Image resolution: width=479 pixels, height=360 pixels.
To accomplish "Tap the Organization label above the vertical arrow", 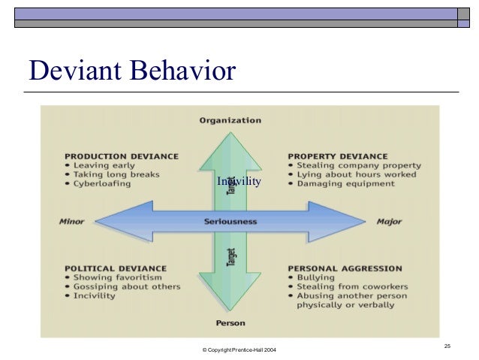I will tap(230, 120).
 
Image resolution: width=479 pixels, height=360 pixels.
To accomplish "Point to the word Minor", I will tap(71, 222).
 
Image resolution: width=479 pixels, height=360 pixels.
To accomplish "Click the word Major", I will tap(389, 222).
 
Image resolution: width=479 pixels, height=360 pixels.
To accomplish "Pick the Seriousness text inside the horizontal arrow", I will tap(230, 222).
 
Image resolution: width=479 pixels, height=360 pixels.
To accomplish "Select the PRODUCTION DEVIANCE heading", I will tap(122, 156).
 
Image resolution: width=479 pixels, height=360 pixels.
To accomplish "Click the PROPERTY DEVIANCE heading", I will tap(338, 156).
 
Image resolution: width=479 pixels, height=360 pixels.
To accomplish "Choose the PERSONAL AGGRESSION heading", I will tap(345, 268).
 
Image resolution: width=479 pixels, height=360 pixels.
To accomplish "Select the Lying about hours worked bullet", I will tap(353, 174).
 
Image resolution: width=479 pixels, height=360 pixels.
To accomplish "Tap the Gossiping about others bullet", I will tap(127, 286).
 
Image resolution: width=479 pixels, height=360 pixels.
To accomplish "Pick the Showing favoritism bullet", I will tap(118, 277).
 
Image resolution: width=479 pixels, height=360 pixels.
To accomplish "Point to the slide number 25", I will tap(447, 345).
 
